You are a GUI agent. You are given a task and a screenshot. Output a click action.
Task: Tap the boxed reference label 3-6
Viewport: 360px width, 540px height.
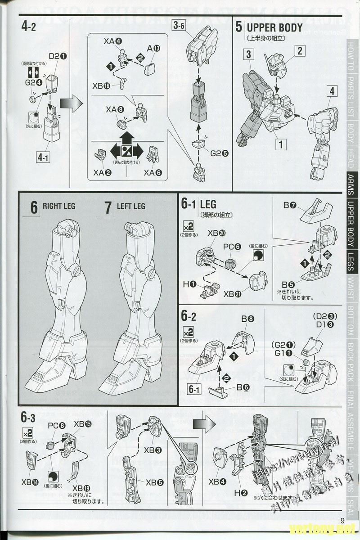[178, 26]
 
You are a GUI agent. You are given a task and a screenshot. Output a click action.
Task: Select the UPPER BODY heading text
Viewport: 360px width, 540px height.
[274, 27]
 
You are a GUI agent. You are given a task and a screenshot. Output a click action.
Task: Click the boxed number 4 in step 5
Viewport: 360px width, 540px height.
[332, 91]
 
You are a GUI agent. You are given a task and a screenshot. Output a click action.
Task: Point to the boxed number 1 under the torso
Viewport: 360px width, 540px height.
[281, 145]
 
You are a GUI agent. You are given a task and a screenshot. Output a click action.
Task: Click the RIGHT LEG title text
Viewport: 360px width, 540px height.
[59, 207]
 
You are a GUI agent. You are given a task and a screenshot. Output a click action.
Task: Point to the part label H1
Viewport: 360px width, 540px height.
[189, 283]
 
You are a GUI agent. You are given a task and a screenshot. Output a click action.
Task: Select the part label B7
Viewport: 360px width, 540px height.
[289, 206]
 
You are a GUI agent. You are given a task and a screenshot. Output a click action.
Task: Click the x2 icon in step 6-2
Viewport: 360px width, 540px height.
[188, 332]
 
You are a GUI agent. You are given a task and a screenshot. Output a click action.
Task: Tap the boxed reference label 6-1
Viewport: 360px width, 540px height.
[194, 388]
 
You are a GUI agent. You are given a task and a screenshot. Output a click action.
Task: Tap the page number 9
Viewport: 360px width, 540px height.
[342, 521]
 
